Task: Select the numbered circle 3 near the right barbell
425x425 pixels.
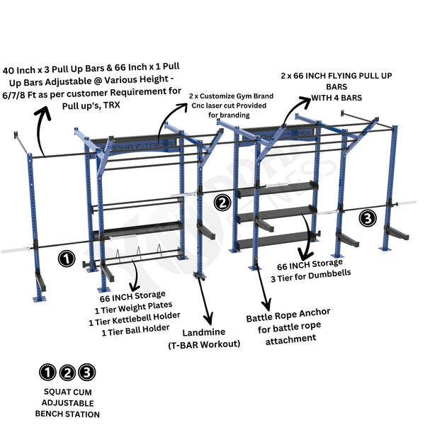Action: [368, 218]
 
